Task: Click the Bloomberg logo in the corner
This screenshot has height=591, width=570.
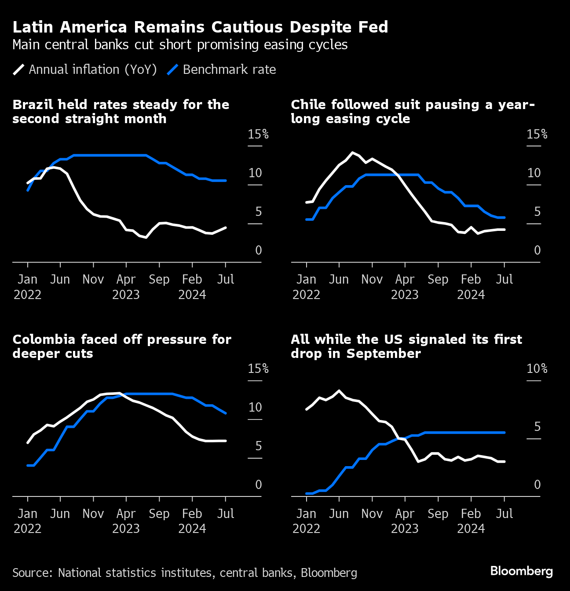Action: pyautogui.click(x=521, y=571)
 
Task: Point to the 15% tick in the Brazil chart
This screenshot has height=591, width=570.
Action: pyautogui.click(x=258, y=134)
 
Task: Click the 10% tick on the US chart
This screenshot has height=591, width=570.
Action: pyautogui.click(x=537, y=368)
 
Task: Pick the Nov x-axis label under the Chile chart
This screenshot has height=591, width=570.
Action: pyautogui.click(x=372, y=279)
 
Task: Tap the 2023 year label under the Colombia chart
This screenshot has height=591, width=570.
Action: pyautogui.click(x=126, y=529)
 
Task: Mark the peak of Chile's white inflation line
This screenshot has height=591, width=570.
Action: pyautogui.click(x=352, y=153)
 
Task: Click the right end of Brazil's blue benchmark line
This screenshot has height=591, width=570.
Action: pyautogui.click(x=226, y=180)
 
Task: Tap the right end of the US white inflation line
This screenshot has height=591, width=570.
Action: pyautogui.click(x=504, y=461)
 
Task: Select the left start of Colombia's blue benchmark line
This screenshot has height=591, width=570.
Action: pyautogui.click(x=28, y=465)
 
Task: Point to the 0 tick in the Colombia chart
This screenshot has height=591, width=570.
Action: pyautogui.click(x=259, y=485)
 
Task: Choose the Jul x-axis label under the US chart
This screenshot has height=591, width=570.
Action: pyautogui.click(x=504, y=514)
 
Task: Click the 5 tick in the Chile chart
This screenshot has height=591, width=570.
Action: pyautogui.click(x=537, y=212)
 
